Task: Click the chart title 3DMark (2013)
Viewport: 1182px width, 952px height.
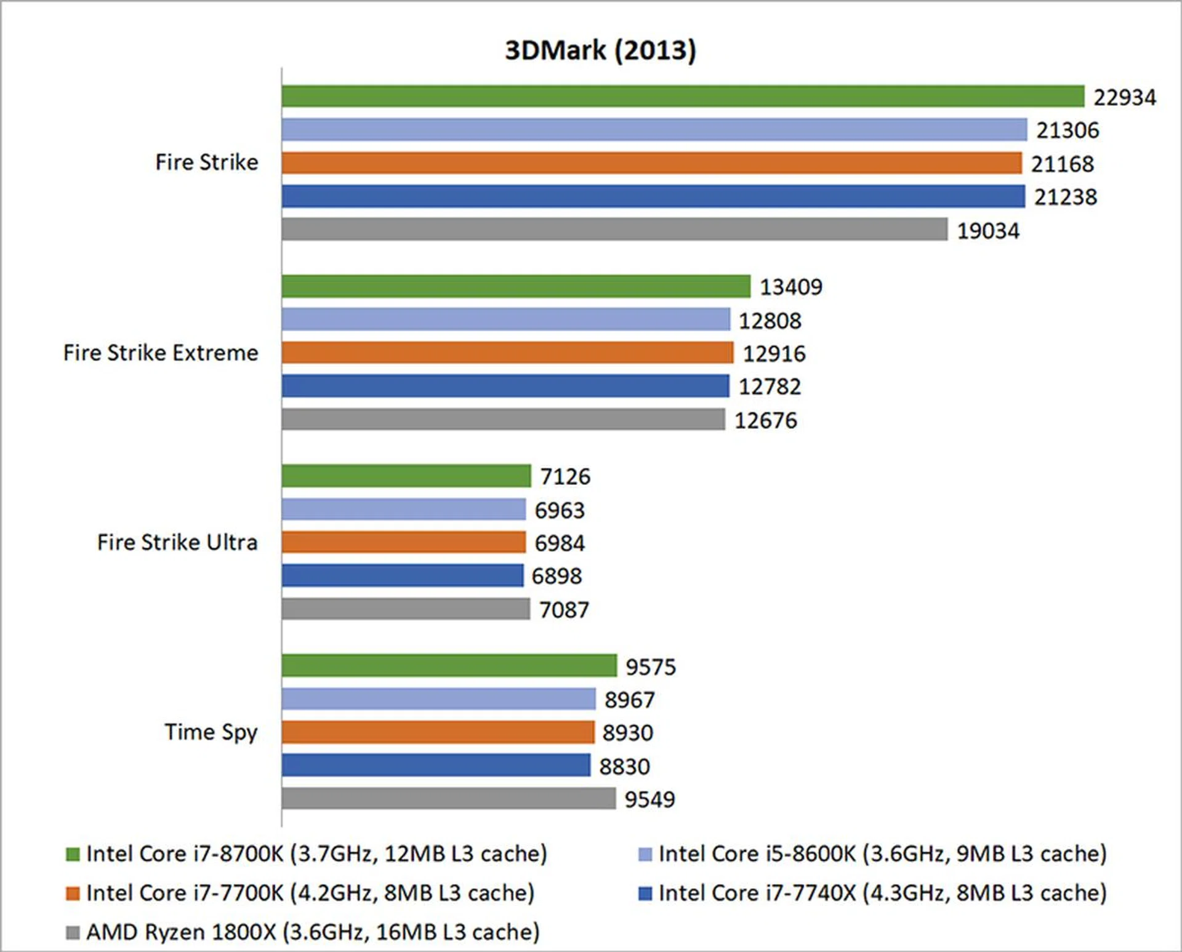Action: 600,50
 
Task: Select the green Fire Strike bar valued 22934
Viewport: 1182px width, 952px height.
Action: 682,97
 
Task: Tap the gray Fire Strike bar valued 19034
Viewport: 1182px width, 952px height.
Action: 614,230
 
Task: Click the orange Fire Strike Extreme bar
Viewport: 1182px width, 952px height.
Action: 507,353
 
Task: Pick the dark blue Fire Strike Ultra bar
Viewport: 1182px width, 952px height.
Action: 403,575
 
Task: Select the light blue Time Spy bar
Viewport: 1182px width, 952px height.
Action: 438,699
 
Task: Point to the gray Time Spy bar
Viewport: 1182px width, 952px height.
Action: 448,799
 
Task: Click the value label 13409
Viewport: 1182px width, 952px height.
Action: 790,287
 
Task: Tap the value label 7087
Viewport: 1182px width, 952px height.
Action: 564,610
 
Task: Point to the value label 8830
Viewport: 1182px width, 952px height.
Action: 624,767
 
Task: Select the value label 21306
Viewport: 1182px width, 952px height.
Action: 1067,130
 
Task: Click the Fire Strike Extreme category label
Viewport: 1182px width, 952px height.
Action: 161,353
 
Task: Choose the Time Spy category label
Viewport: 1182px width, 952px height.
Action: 211,732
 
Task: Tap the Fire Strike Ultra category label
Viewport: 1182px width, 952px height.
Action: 177,543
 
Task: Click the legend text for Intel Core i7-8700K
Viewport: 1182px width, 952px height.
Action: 316,854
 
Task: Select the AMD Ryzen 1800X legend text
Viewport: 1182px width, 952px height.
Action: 313,932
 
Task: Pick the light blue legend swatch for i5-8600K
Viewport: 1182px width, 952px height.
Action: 645,855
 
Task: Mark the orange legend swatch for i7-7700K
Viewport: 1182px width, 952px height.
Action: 73,894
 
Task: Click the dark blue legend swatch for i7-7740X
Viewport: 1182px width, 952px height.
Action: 645,894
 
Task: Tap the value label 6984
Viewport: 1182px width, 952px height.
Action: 559,543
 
